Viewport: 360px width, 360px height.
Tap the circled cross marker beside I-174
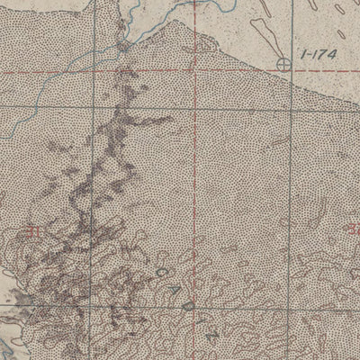click(x=285, y=64)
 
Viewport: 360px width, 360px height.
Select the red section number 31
click(x=34, y=230)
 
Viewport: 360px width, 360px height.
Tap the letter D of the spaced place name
click(x=187, y=307)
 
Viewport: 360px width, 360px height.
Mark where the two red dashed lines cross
click(x=196, y=71)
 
